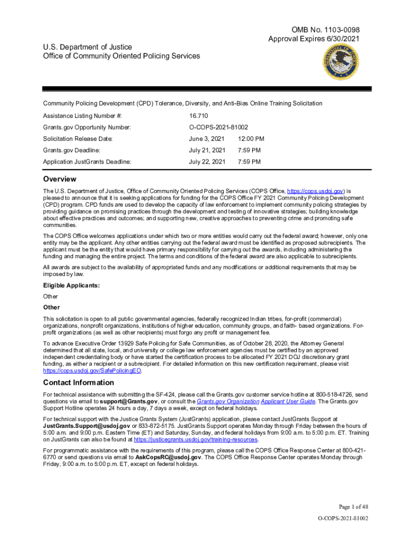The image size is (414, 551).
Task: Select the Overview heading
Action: point(60,179)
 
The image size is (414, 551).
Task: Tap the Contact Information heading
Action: point(78,383)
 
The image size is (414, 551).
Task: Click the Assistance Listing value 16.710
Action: point(198,116)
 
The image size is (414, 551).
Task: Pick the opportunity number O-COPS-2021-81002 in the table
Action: point(218,127)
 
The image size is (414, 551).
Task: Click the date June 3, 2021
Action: point(206,139)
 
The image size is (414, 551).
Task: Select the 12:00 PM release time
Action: point(251,139)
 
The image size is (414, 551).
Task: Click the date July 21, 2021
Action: point(207,150)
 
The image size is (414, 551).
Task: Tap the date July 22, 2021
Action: point(207,161)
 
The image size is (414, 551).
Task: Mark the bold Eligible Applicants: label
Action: point(65,285)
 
